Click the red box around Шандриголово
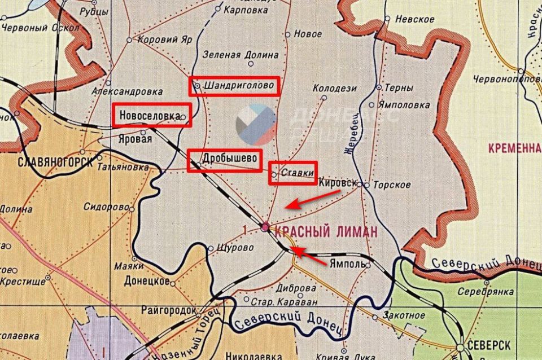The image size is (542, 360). point(234,86)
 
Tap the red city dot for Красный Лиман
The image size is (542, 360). point(265,227)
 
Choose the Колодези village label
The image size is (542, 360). point(335,88)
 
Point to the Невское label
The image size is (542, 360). point(415,19)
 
